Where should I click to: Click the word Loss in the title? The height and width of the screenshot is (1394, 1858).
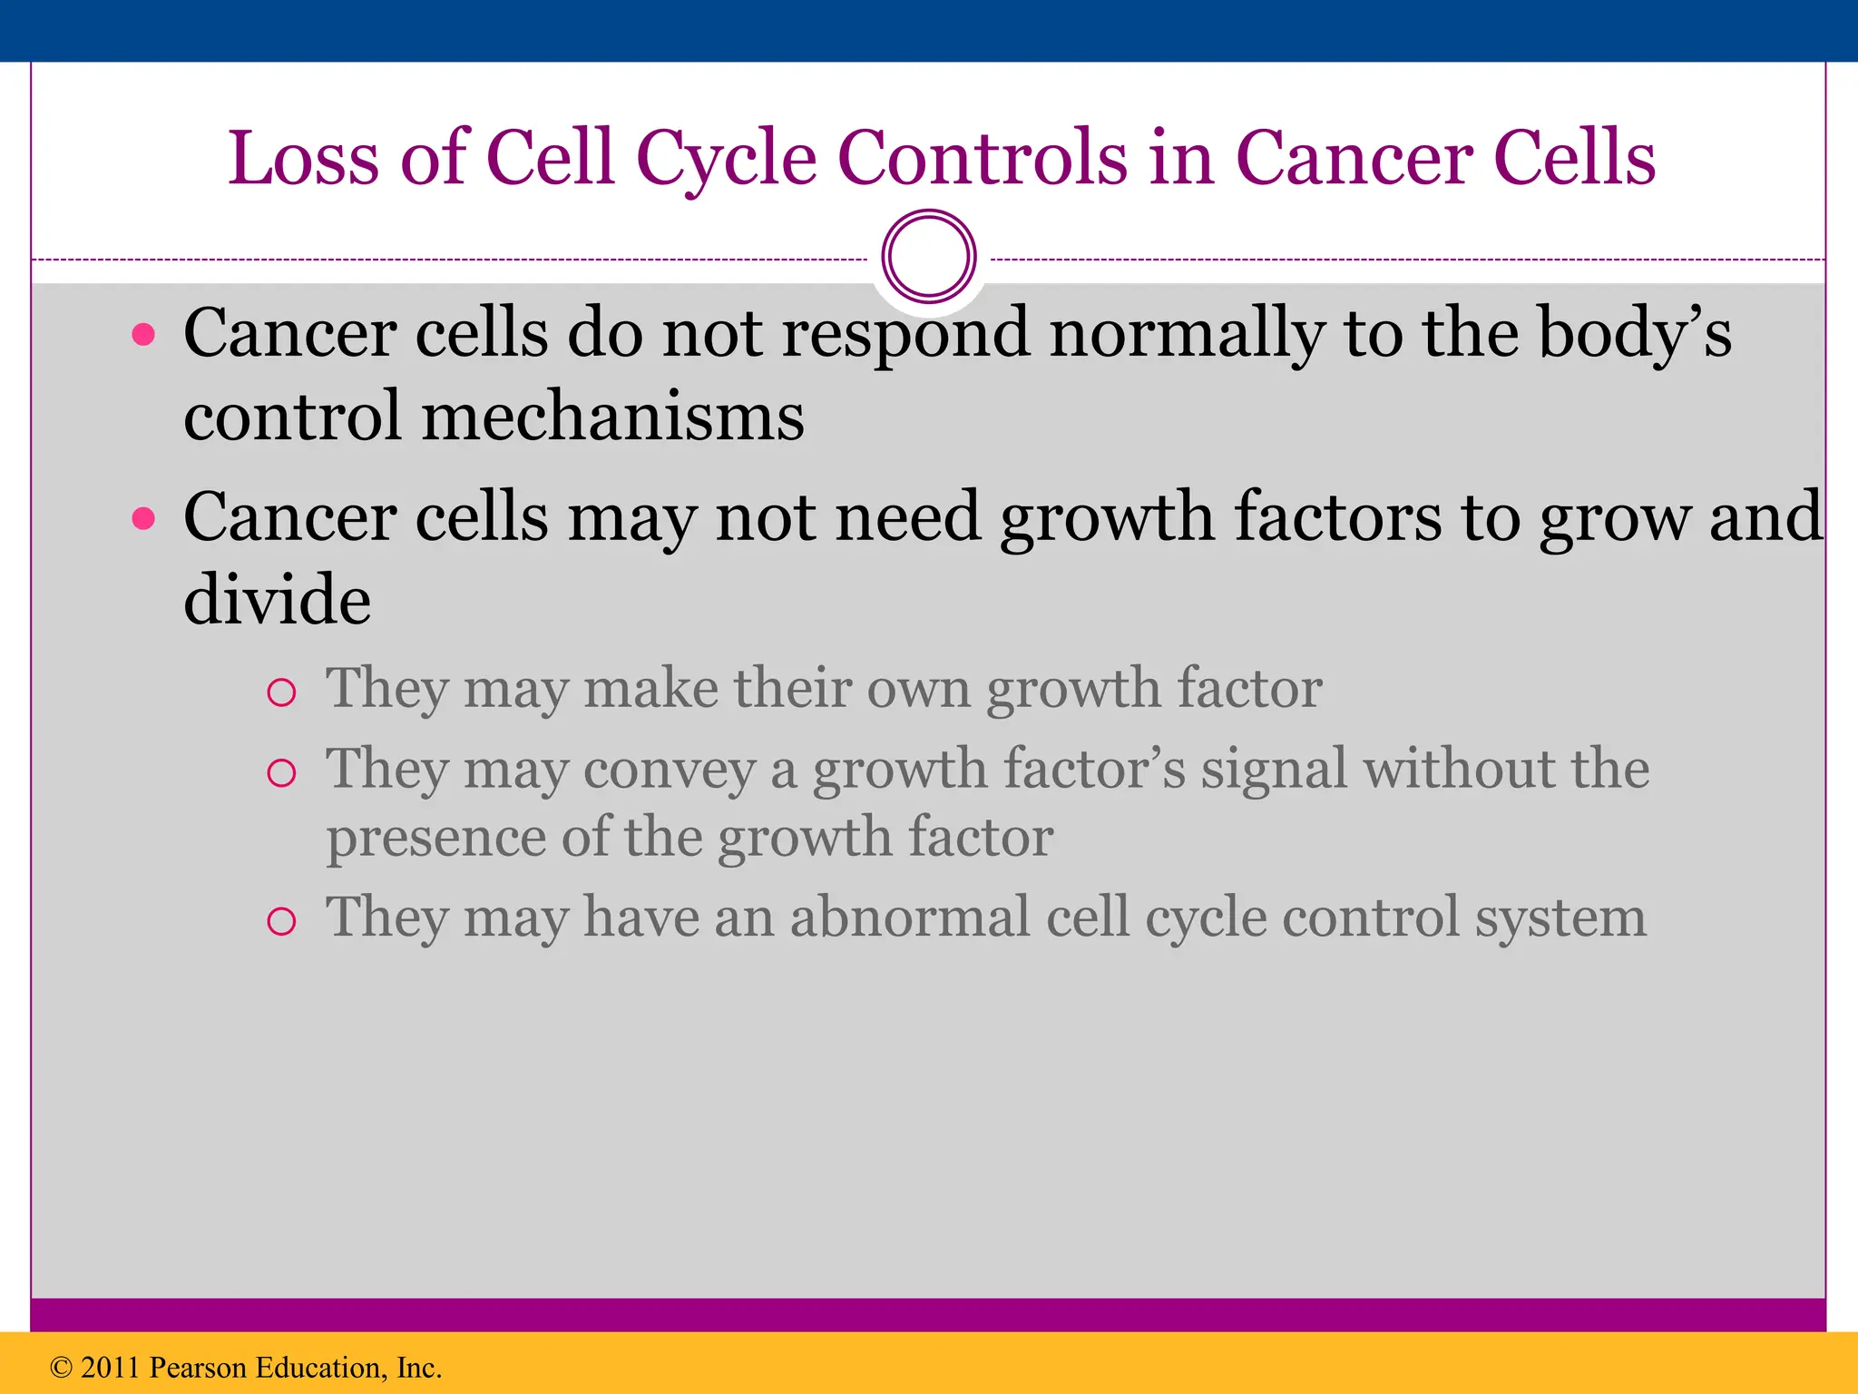point(303,159)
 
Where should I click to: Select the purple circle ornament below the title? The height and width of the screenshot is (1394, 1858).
point(929,257)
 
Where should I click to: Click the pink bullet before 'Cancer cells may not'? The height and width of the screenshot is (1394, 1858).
point(143,519)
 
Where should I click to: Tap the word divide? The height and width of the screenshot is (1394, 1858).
point(277,601)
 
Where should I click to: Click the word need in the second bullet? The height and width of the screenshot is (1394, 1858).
point(906,519)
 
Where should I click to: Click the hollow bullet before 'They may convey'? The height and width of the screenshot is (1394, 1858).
point(282,773)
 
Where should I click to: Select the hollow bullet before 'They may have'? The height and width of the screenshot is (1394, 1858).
point(282,921)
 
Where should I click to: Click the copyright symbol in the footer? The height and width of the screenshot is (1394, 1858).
point(61,1368)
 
